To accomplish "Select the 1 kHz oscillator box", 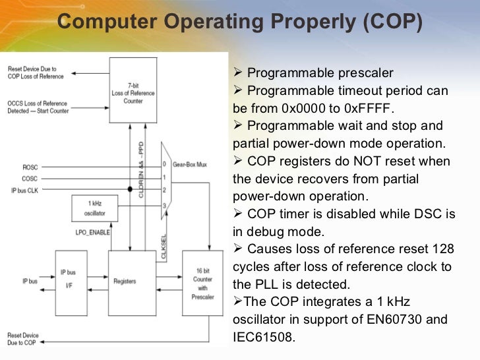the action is [90, 209].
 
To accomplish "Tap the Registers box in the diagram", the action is [124, 281].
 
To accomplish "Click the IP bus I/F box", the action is [68, 281].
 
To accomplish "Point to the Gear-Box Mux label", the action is [190, 164].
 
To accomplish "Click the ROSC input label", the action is [30, 167].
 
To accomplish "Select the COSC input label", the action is [30, 178].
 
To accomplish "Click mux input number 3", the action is [165, 205].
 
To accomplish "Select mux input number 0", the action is [165, 164].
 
